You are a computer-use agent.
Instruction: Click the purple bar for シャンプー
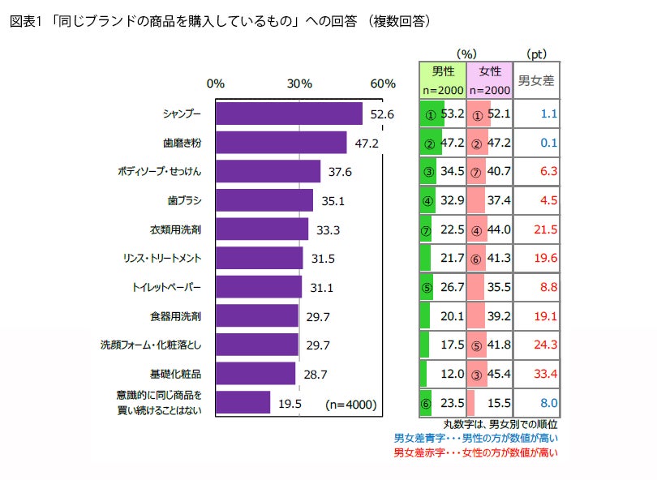(289, 114)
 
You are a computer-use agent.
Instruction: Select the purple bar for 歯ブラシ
(264, 200)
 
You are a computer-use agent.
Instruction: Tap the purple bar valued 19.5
(243, 402)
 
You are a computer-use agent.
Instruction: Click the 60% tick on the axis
(382, 84)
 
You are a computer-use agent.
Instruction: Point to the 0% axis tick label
(216, 84)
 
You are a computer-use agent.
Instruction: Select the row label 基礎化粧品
(175, 374)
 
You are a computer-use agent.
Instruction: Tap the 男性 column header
(442, 71)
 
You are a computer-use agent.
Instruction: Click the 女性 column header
(490, 71)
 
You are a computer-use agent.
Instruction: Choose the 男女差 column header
(536, 80)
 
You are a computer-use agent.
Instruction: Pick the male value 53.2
(451, 114)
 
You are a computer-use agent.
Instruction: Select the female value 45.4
(498, 374)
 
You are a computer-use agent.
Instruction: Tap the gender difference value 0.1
(548, 143)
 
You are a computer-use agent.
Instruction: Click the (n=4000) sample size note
(350, 403)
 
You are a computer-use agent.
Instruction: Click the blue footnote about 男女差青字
(476, 438)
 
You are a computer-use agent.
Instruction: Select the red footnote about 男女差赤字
(476, 452)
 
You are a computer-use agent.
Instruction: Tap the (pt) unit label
(536, 54)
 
